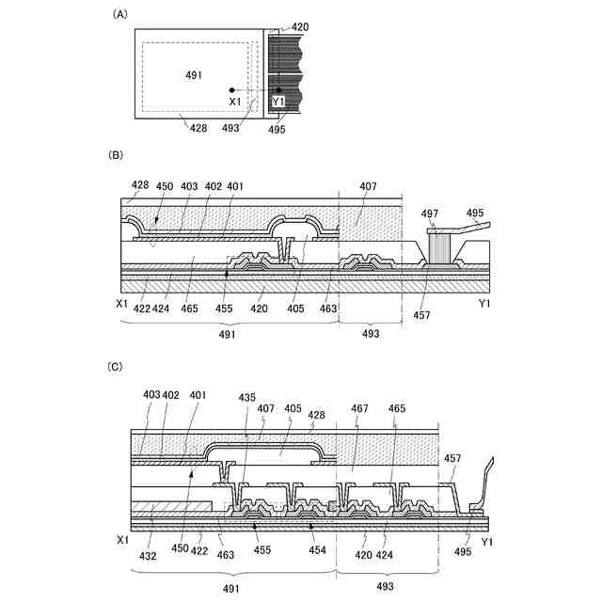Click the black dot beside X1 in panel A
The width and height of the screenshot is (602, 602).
[230, 89]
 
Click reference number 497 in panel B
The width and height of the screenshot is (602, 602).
[430, 214]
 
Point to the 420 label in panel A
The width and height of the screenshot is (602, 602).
[299, 28]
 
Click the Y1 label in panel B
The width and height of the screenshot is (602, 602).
[484, 304]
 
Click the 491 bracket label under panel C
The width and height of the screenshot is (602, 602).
[230, 587]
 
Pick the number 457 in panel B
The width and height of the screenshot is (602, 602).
[422, 315]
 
